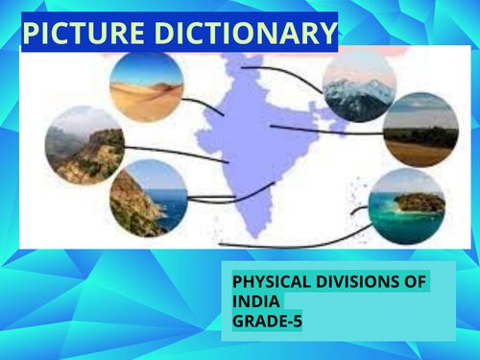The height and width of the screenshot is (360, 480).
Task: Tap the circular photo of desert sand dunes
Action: click(x=146, y=85)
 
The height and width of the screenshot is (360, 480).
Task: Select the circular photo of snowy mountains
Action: click(x=358, y=85)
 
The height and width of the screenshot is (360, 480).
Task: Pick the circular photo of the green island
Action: click(x=407, y=205)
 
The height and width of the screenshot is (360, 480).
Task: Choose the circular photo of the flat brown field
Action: click(x=420, y=130)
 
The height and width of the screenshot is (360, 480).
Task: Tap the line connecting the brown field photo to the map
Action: click(x=326, y=129)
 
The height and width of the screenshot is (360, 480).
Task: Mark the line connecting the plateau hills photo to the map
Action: click(x=163, y=150)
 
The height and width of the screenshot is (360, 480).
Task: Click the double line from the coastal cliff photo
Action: click(x=211, y=199)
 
